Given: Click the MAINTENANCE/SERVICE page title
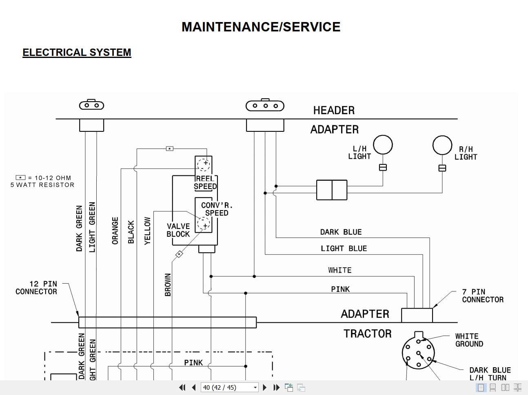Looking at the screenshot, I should (261, 27).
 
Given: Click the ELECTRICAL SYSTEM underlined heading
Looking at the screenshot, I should (77, 53).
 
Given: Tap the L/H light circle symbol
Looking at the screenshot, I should (383, 144).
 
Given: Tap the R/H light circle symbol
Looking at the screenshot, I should (442, 145).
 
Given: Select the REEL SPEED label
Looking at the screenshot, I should (205, 183).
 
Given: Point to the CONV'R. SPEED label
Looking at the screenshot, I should (216, 209).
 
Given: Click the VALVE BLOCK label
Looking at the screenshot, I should (178, 230).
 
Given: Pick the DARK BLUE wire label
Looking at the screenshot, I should (341, 232).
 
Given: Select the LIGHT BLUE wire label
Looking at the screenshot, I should (344, 249).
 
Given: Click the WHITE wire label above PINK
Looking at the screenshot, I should (339, 270).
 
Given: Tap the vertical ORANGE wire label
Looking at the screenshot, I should (115, 231).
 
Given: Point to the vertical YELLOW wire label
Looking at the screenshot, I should (147, 231).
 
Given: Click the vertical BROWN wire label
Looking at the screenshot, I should (168, 284).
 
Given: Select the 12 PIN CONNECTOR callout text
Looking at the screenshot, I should (36, 288).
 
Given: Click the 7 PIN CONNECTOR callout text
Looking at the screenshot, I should (482, 296).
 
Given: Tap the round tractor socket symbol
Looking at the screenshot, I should (418, 353).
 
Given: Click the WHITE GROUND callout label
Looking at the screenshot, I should (469, 340).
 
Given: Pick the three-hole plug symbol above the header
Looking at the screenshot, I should (265, 106).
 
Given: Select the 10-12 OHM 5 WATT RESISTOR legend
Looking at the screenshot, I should (43, 181).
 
